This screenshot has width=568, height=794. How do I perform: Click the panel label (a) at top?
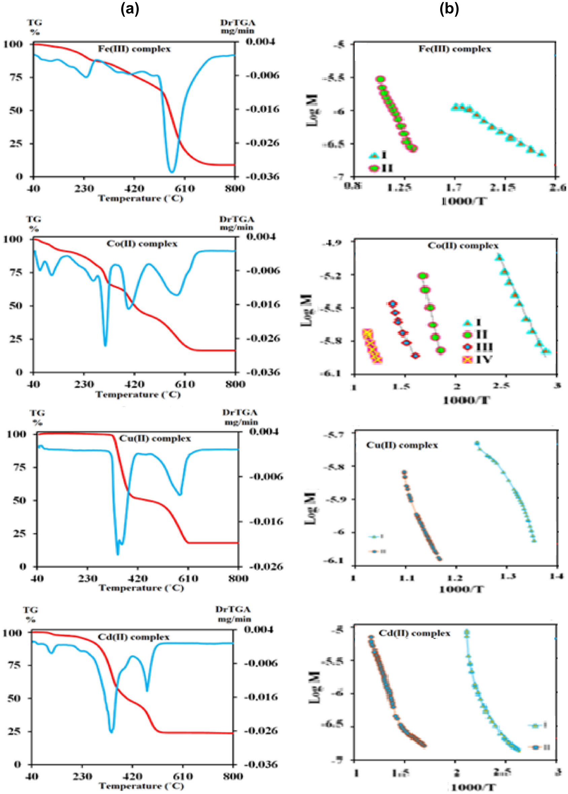coord(130,9)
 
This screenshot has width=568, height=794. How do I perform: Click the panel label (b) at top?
coord(449,9)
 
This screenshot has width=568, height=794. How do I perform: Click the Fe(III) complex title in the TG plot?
coord(134,49)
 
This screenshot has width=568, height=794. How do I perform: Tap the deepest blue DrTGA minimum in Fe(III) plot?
coord(171,171)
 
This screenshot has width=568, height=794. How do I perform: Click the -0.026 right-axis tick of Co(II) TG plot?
coord(263,338)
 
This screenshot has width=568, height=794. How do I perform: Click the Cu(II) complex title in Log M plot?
coord(402,446)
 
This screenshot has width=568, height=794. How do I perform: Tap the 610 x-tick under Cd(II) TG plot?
coord(183,777)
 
